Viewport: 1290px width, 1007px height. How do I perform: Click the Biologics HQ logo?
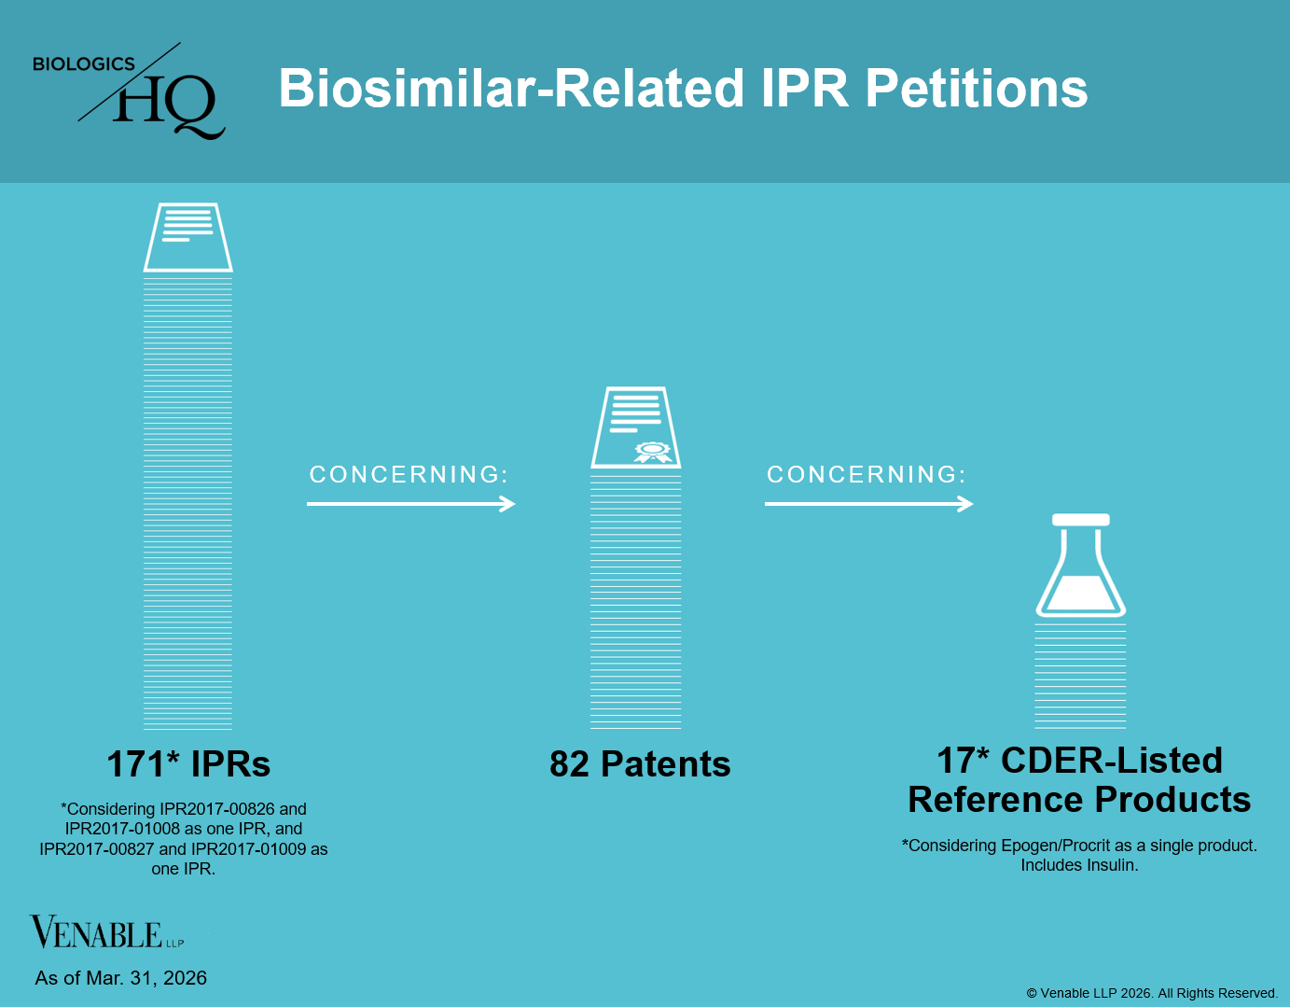[129, 91]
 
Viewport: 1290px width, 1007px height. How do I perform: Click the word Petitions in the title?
[976, 89]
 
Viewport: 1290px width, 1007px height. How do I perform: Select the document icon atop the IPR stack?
[187, 237]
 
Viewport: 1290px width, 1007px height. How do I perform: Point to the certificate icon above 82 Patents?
[636, 427]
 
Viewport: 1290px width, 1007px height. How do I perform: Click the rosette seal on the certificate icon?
[653, 452]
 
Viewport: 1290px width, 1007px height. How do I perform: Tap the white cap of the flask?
[1080, 520]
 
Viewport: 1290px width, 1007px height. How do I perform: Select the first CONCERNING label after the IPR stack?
[409, 475]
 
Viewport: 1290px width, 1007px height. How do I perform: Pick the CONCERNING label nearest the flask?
[867, 475]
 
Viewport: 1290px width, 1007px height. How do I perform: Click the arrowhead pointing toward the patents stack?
[507, 504]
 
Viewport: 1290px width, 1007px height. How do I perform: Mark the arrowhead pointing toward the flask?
[965, 504]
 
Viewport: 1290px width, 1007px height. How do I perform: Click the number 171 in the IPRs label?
[135, 764]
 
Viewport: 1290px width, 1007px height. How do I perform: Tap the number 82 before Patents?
[569, 764]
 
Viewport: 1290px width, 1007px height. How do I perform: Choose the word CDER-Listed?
[1111, 761]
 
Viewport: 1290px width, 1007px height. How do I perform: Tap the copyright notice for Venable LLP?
[1151, 993]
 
